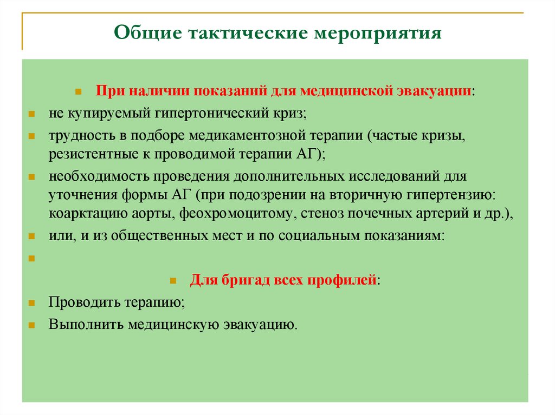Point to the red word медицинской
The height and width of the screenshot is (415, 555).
coord(354,91)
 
